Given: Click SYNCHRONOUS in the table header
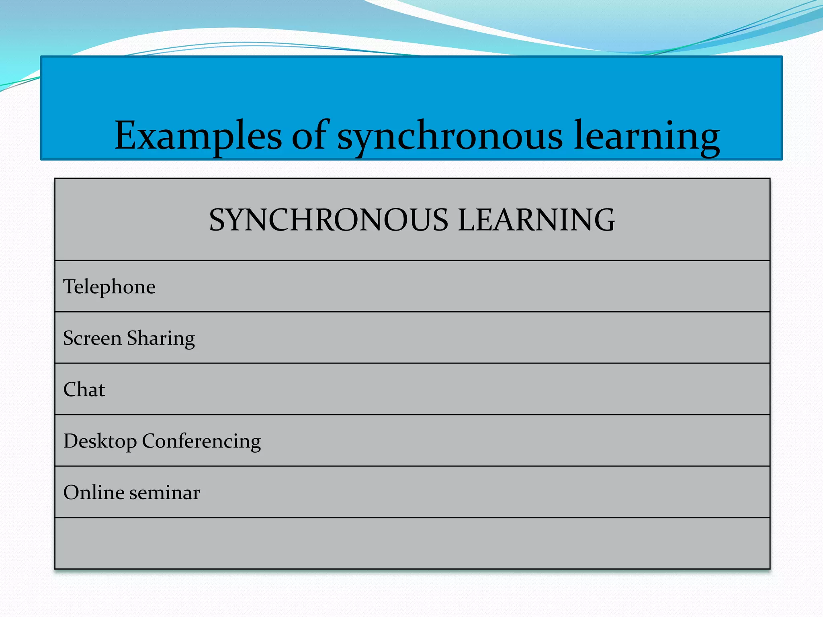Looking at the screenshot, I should [x=328, y=220].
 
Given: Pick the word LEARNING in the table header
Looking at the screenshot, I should [x=536, y=220].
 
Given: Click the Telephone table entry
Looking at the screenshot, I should [x=109, y=287].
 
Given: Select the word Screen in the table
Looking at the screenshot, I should [x=92, y=338].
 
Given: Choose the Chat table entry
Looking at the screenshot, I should [x=84, y=390].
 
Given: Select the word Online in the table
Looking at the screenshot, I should [x=94, y=492].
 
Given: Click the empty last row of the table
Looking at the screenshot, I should [x=412, y=543].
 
